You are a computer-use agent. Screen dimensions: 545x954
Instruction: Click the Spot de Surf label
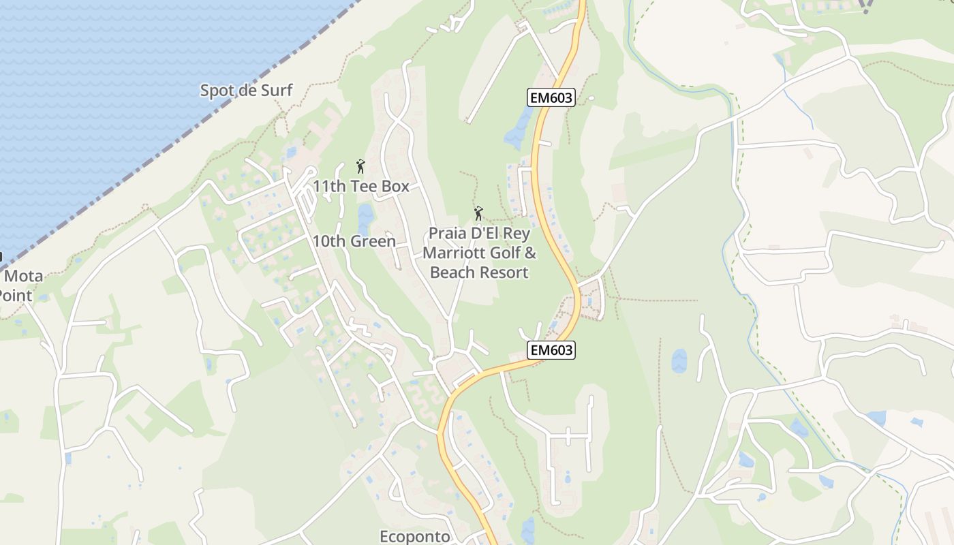[x=246, y=90]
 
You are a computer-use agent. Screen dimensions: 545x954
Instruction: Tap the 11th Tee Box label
[x=360, y=186]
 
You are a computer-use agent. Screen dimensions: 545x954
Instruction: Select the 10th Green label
[x=354, y=241]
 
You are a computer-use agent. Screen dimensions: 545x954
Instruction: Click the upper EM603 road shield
[x=551, y=98]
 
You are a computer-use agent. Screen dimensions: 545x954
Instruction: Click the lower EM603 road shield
[x=551, y=350]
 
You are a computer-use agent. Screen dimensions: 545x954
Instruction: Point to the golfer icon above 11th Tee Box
[x=360, y=166]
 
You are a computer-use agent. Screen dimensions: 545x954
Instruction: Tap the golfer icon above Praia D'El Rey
[x=478, y=214]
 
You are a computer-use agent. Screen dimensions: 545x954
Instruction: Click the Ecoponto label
[x=414, y=537]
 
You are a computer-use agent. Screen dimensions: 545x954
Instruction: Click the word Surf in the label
[x=278, y=90]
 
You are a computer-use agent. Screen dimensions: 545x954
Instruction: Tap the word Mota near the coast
[x=25, y=277]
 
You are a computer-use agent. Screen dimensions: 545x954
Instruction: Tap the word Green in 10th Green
[x=374, y=241]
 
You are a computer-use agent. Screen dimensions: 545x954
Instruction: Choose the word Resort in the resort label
[x=505, y=272]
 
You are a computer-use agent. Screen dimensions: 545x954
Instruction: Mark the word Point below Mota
[x=15, y=296]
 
